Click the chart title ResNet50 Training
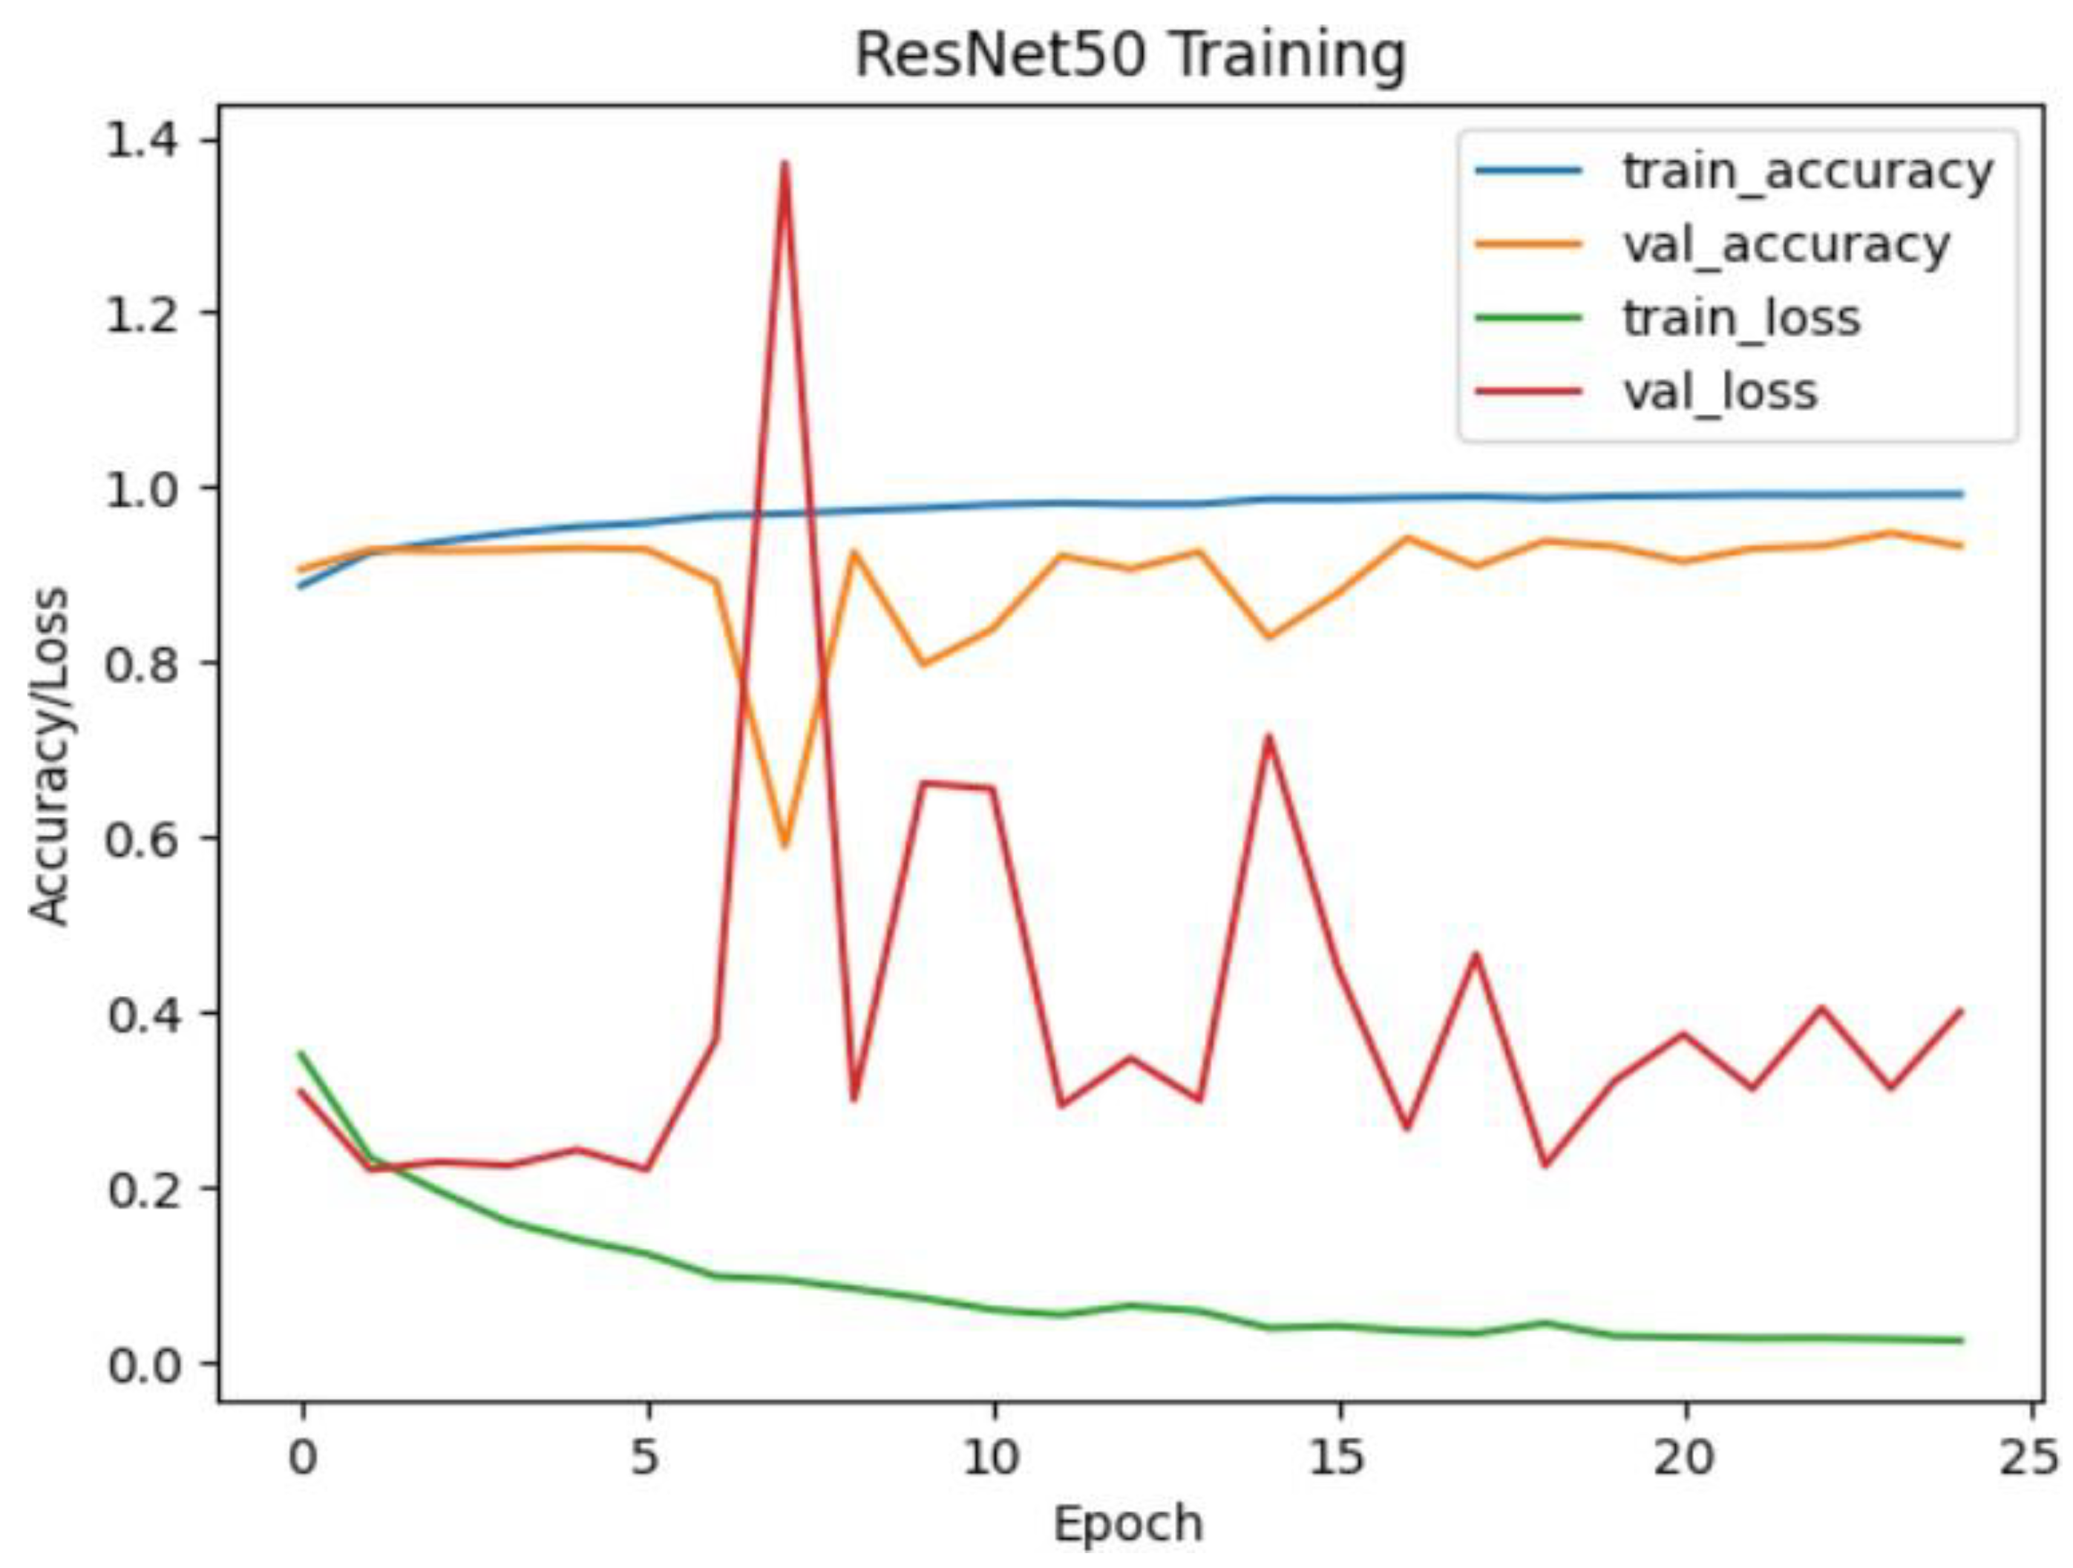coord(1130,56)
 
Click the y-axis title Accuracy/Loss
coord(49,755)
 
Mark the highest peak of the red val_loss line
coord(785,163)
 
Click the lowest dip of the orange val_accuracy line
coord(785,846)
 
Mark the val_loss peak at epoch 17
coord(1477,954)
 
